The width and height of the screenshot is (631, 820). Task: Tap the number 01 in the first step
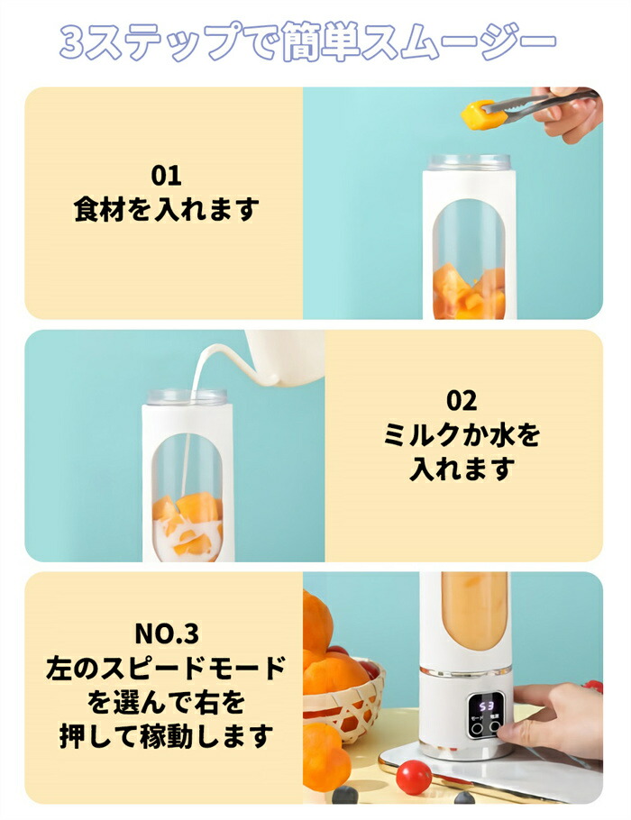coord(167,176)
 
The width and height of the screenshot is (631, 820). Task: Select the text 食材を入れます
coord(167,209)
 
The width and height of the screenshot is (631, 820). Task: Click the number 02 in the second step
coord(462,401)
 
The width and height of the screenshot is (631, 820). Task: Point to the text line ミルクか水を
coord(462,435)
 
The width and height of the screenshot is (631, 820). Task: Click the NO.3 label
coord(167,633)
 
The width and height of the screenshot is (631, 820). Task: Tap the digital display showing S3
coord(487,706)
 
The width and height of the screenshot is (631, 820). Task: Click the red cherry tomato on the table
coord(414,777)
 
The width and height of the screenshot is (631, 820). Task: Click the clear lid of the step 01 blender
coord(470,162)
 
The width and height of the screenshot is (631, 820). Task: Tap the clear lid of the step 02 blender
coord(187,396)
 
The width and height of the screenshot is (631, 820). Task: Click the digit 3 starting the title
coord(72,42)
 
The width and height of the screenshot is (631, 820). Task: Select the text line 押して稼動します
coord(167,736)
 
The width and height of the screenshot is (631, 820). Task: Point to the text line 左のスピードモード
coord(167,668)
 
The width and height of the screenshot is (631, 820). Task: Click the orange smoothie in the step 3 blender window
coord(474,615)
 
